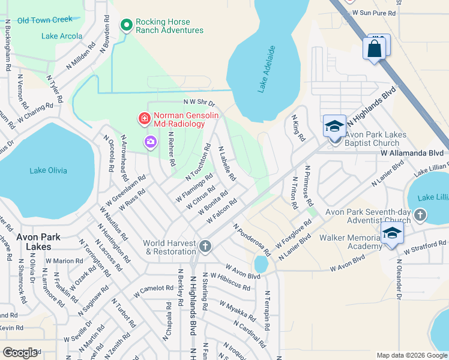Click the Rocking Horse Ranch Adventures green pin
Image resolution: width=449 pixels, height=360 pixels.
(x=126, y=25)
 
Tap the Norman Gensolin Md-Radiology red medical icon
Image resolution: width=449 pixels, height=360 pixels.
(x=144, y=119)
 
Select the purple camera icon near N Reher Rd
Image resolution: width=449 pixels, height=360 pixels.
(x=149, y=142)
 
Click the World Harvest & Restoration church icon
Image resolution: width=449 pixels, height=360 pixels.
(x=205, y=247)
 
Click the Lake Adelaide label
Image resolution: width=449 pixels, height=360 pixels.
(x=267, y=69)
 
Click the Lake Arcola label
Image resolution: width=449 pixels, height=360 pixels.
(x=62, y=36)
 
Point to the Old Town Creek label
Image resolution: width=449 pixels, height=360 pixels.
(x=44, y=20)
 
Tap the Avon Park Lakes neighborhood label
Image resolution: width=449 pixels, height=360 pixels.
(x=38, y=242)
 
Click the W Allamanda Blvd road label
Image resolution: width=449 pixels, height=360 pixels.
(x=412, y=153)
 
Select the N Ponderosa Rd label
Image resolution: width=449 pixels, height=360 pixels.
(x=252, y=241)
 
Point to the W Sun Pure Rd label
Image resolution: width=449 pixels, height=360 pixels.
(x=374, y=13)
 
